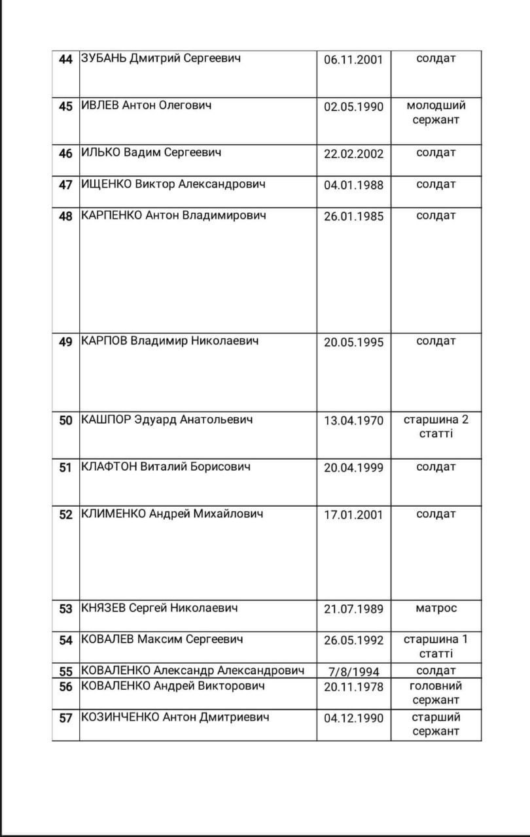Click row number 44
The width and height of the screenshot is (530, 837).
pos(65,60)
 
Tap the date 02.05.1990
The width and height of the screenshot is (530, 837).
pos(353,107)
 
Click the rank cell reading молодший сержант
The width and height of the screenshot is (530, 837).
pos(436,112)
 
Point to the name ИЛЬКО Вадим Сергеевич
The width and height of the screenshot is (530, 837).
pos(151,153)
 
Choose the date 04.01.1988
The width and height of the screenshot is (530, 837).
pos(353,185)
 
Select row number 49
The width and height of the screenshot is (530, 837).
pos(65,342)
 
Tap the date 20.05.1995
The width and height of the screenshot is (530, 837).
pos(353,342)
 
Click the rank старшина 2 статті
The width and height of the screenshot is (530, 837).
pos(436,426)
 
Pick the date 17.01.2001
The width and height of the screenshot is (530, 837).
pos(353,515)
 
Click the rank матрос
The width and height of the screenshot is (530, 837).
pos(436,608)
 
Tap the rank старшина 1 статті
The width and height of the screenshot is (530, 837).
pos(436,646)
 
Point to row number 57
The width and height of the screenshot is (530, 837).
pos(65,718)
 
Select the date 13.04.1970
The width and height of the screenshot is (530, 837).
pos(353,420)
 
